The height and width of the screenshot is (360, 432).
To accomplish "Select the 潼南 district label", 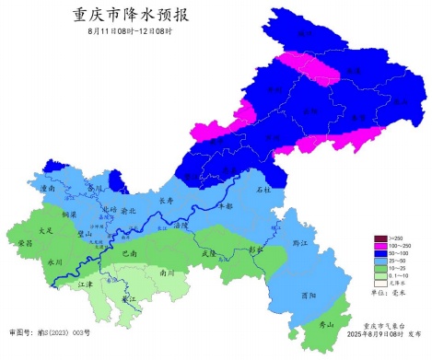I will pyautogui.click(x=51, y=188).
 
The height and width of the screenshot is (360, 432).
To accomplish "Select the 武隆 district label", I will pyautogui.click(x=207, y=253).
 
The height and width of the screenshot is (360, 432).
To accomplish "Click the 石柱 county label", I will pyautogui.click(x=264, y=190).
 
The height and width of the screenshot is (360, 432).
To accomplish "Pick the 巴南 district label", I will pyautogui.click(x=129, y=252).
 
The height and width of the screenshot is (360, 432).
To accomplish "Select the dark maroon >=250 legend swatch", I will pyautogui.click(x=377, y=238).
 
